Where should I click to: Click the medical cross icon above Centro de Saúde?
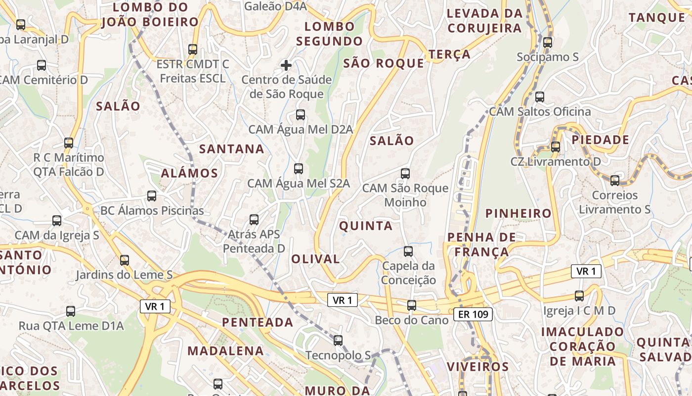[286, 65]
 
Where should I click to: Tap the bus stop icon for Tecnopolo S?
[338, 341]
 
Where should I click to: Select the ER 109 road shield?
[473, 314]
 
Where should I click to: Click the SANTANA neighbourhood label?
[232, 148]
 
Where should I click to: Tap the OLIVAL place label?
[315, 259]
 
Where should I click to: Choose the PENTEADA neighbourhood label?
[258, 322]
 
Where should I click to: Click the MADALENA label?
[225, 351]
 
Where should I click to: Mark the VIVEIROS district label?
[477, 367]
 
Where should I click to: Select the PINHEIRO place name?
[519, 213]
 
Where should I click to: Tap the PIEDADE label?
[601, 140]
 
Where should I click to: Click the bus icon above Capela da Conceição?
[408, 251]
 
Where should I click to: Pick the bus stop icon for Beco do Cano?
[412, 305]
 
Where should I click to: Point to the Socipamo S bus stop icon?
[547, 43]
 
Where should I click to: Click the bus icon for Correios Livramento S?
[615, 181]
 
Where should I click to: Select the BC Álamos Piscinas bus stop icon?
[152, 196]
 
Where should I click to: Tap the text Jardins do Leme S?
[124, 275]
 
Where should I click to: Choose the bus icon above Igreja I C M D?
[579, 296]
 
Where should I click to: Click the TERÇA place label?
[450, 54]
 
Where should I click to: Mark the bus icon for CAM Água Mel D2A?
[300, 115]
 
